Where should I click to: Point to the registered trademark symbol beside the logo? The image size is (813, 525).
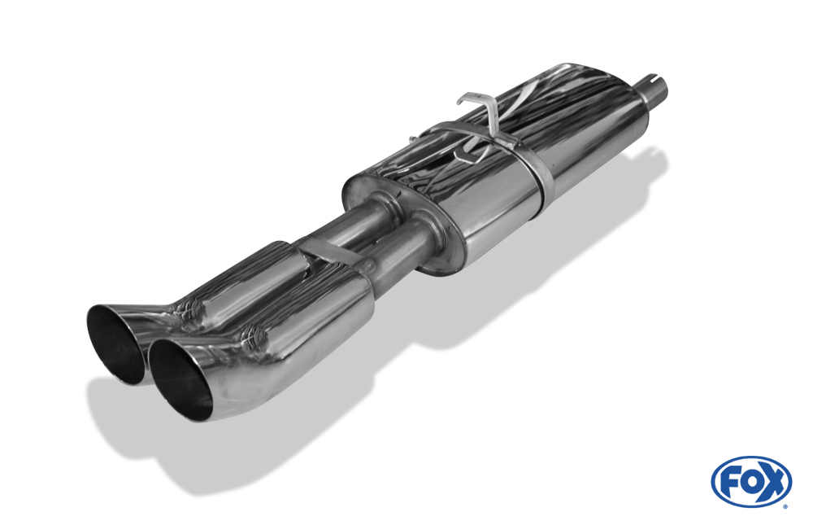785,506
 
